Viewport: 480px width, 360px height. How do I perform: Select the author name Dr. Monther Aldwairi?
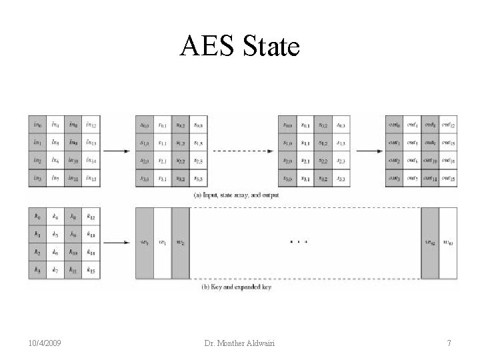240,343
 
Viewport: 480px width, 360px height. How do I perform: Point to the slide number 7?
449,343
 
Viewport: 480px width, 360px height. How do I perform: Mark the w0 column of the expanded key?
145,243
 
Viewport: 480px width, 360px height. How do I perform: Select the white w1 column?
163,243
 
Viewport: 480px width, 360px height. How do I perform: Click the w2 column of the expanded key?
181,243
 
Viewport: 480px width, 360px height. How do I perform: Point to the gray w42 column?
430,243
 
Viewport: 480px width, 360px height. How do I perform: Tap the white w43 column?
447,243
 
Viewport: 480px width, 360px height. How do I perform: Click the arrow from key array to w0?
117,243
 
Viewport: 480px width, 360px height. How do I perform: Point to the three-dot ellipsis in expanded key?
299,241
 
